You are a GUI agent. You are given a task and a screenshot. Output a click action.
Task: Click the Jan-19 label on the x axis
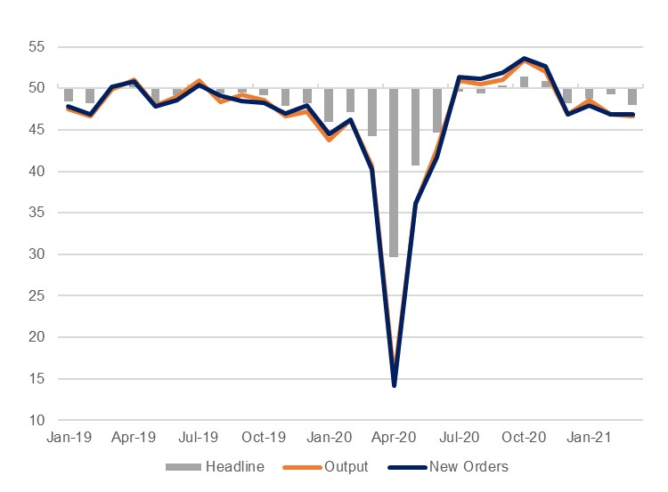point(69,438)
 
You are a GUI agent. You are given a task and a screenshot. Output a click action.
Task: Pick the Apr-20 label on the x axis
point(394,438)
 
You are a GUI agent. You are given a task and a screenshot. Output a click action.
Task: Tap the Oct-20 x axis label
point(524,438)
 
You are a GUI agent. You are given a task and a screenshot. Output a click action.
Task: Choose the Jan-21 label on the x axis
point(589,438)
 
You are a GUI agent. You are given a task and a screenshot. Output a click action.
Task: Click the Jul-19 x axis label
point(199,438)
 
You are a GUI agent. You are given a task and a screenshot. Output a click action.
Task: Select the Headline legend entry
point(228,466)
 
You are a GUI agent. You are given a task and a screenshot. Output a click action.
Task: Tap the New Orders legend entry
point(468,466)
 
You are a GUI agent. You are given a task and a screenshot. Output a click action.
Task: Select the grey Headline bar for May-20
point(416,126)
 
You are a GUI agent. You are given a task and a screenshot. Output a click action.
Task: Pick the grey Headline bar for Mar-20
point(372,112)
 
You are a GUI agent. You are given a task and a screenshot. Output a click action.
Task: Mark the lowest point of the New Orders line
point(394,385)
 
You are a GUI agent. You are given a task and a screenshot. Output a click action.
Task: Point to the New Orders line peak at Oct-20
point(524,59)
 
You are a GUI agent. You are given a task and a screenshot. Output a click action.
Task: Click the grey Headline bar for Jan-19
point(69,95)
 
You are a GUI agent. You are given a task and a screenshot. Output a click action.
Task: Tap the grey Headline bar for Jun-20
point(437,110)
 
